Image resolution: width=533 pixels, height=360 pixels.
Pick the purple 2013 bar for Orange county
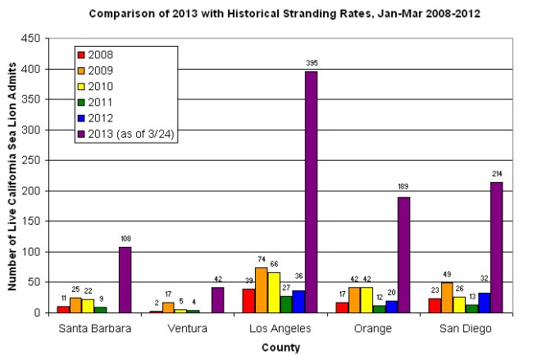(403, 254)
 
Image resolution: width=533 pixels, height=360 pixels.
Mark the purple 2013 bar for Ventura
(217, 299)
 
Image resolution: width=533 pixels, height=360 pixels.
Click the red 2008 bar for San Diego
(435, 305)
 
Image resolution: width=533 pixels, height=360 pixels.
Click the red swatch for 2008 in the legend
(81, 55)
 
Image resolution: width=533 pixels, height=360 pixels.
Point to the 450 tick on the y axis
(31, 39)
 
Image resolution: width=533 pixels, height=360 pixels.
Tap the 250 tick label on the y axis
(31, 160)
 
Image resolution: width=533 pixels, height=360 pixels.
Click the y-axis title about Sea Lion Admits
(14, 175)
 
